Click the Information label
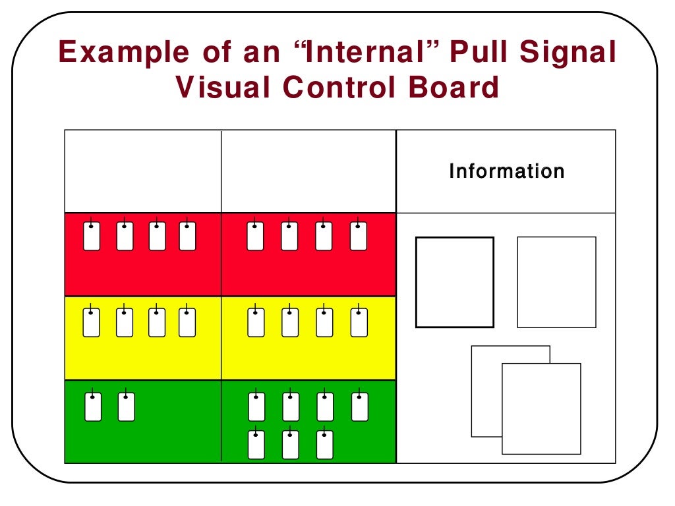(x=506, y=172)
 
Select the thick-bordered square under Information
(x=454, y=282)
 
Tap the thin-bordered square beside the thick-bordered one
(x=556, y=282)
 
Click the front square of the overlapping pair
(x=541, y=408)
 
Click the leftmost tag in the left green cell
(x=93, y=407)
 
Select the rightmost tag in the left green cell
(x=126, y=407)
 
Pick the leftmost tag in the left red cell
(x=92, y=236)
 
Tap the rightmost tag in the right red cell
(x=358, y=236)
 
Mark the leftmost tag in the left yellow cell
(x=92, y=322)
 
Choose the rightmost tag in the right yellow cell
(x=358, y=322)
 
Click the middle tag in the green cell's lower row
(x=290, y=445)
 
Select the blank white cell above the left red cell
(x=142, y=171)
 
